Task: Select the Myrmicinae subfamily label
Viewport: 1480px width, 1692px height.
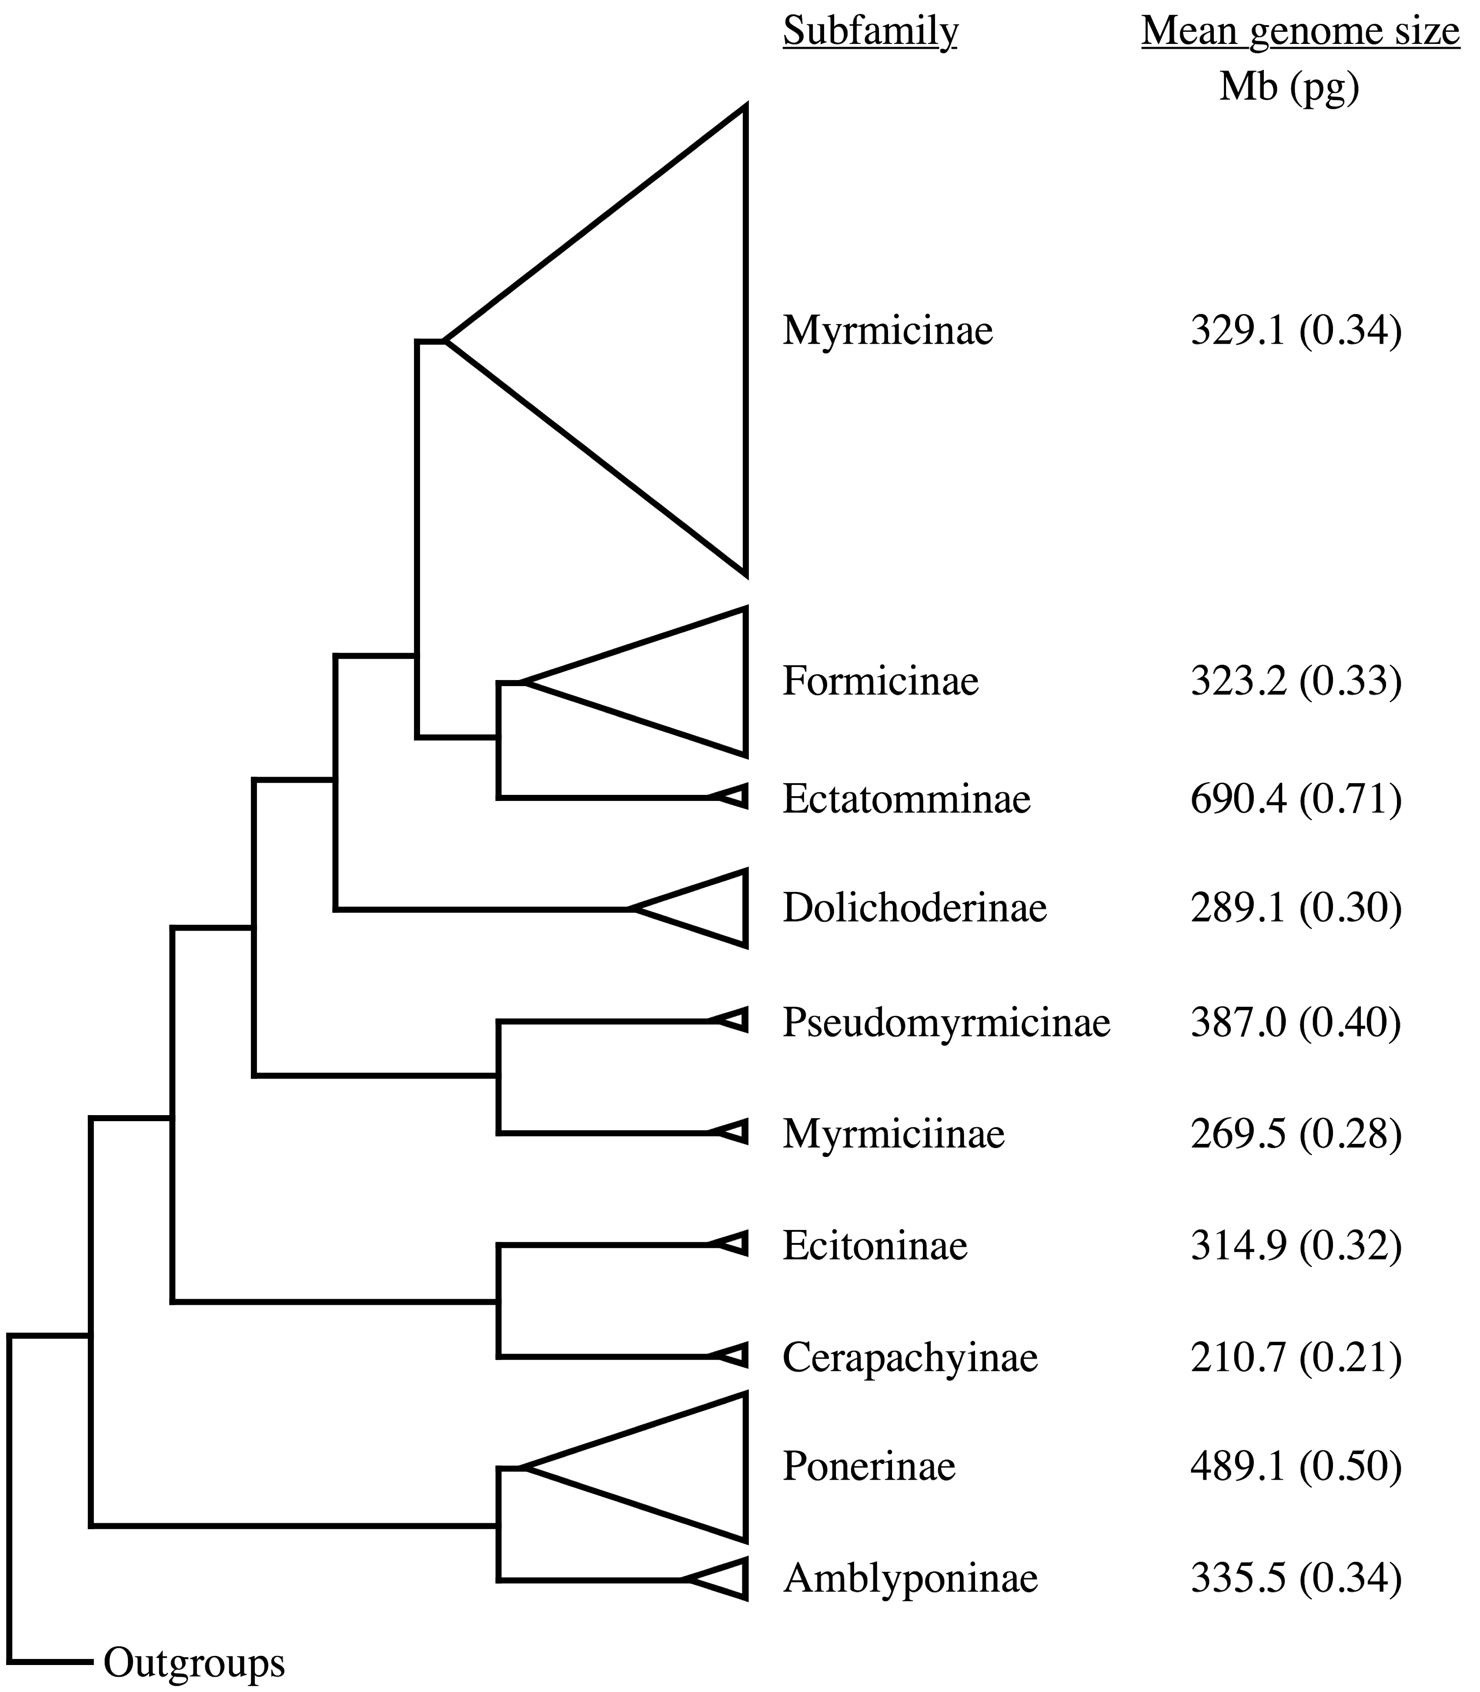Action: pos(888,331)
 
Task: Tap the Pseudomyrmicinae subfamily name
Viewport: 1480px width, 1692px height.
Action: pos(946,1023)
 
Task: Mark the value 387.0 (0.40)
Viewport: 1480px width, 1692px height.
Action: pos(1296,1023)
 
